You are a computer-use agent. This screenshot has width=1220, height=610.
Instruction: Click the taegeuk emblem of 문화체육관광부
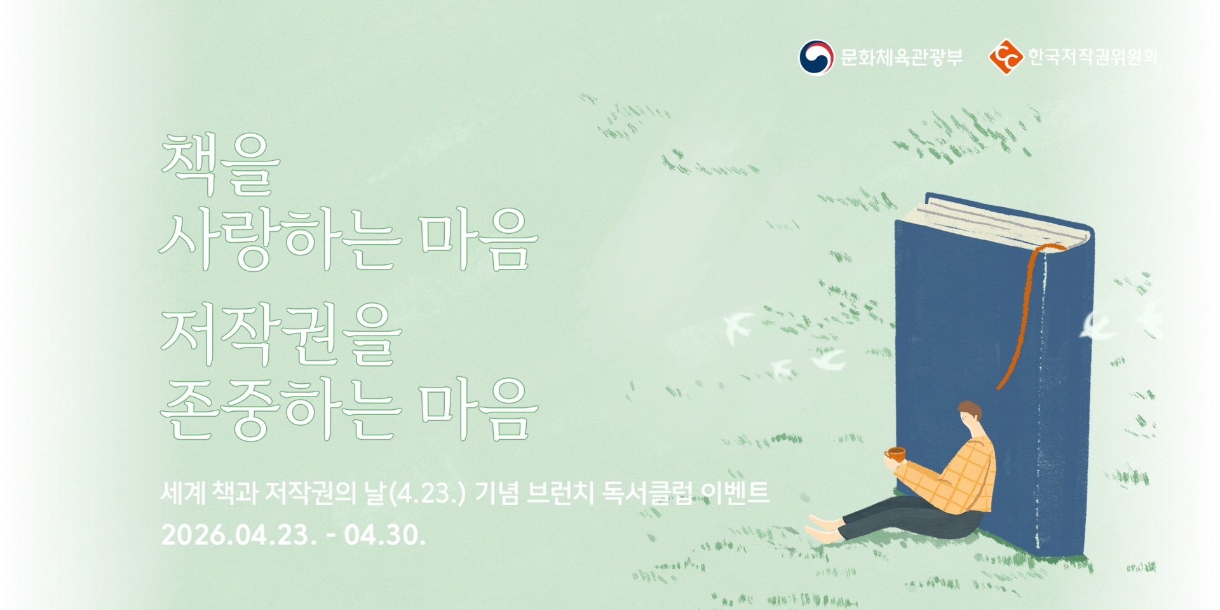tap(816, 57)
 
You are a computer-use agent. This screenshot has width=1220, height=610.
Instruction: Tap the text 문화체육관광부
tap(901, 57)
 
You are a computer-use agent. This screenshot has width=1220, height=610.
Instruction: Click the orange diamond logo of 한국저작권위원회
tap(1005, 57)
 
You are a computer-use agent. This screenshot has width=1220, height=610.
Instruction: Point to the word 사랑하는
tap(280, 240)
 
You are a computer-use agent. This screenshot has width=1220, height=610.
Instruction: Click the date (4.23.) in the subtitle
tap(426, 494)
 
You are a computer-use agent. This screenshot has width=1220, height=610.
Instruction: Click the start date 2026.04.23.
tap(238, 535)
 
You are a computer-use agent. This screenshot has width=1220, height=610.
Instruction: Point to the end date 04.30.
tap(384, 535)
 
